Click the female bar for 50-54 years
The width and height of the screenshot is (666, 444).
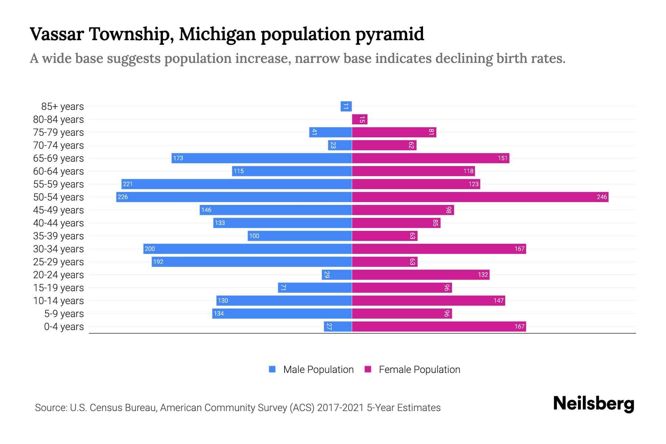480,197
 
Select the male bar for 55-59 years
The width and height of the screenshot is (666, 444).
236,184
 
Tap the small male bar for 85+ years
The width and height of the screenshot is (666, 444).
346,107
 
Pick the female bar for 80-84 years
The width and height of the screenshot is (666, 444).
360,120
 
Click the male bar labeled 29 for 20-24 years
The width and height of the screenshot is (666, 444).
336,275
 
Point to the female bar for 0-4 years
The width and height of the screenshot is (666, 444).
439,326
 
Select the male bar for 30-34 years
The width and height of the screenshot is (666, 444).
248,249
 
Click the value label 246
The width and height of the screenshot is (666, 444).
602,197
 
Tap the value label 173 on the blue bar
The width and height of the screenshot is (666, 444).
178,158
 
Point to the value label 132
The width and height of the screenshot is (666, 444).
483,275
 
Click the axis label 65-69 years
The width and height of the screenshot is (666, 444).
58,158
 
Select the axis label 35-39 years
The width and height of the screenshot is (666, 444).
58,236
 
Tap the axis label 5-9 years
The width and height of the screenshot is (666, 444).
64,314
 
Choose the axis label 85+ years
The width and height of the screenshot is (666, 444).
63,107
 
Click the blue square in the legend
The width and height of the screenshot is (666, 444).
272,369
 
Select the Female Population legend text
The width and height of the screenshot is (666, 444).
419,369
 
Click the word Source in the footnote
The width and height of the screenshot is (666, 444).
50,408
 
